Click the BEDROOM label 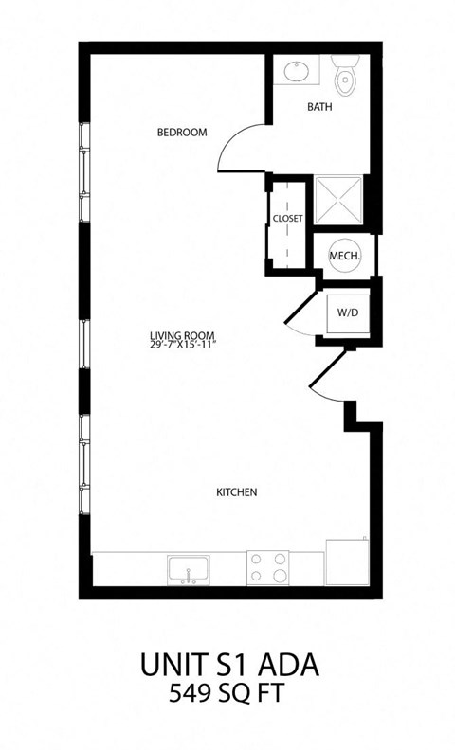(x=181, y=133)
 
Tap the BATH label (x=319, y=108)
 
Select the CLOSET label (x=287, y=219)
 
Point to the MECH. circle (x=342, y=256)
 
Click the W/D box (x=342, y=312)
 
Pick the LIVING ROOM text (x=182, y=334)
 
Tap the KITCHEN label (x=237, y=492)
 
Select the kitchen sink (x=189, y=570)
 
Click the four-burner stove (x=268, y=568)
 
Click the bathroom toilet (x=345, y=75)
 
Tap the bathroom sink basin (x=296, y=71)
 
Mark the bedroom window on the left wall (x=85, y=171)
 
